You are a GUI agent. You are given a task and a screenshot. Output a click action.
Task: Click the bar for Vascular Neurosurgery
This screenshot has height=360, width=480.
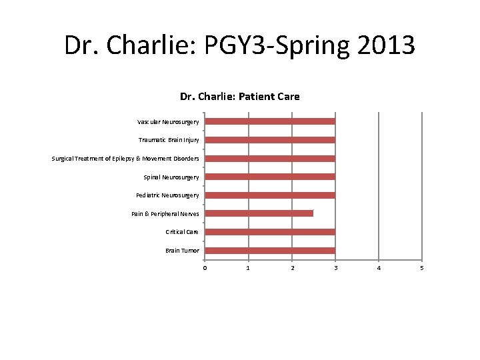tap(270, 121)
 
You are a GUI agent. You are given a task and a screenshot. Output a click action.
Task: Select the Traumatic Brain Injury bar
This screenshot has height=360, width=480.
tap(270, 140)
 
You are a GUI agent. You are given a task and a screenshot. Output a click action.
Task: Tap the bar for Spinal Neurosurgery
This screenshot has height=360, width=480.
tap(270, 177)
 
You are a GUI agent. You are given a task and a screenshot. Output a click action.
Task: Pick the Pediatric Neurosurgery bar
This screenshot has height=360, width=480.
tap(270, 195)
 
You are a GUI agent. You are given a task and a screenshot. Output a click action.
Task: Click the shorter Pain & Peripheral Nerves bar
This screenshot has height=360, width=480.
tap(259, 213)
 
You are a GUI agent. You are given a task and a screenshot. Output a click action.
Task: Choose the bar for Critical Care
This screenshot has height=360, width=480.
tap(270, 232)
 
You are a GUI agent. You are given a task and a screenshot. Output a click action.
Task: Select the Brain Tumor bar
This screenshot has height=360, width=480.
tap(270, 251)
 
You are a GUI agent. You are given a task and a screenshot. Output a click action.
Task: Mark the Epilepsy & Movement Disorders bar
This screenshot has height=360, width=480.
tap(270, 159)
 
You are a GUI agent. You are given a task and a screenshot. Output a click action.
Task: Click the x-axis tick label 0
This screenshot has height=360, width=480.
tap(205, 268)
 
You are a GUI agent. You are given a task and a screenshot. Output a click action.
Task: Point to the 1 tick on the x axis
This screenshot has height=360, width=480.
tap(249, 268)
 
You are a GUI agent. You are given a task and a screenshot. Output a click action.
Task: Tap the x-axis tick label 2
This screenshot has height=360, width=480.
tap(292, 268)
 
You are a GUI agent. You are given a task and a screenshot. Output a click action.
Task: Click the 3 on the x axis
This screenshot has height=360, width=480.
tap(335, 268)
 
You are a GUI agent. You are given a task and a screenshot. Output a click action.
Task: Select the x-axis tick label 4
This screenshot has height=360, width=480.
tap(379, 268)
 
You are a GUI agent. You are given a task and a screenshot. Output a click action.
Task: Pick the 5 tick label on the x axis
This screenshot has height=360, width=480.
tap(422, 268)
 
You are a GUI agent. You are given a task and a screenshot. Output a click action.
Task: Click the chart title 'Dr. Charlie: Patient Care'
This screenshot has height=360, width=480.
tap(240, 97)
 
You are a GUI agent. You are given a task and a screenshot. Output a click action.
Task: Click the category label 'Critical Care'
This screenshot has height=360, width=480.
tap(182, 232)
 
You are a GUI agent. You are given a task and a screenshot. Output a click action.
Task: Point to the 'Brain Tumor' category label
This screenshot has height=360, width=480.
tap(182, 251)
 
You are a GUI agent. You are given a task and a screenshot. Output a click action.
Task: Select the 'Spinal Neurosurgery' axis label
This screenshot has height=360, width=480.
tap(171, 177)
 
